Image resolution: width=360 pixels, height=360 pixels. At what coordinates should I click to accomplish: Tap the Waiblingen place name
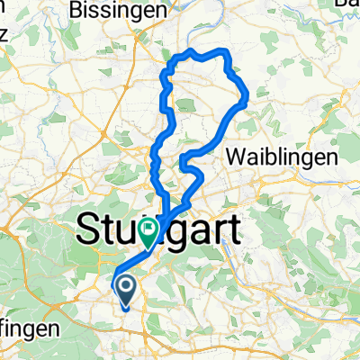coord(274,156)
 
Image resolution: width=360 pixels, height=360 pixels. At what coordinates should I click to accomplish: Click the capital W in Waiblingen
coord(237,156)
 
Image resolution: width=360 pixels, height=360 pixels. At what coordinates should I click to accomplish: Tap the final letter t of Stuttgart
coord(234,231)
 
